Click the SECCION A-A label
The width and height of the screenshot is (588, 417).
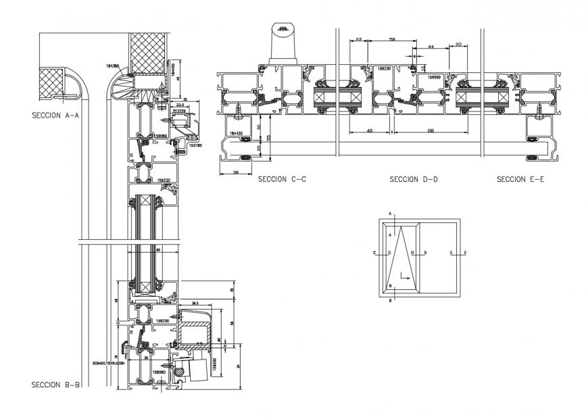click(x=55, y=115)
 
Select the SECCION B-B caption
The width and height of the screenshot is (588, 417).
click(x=56, y=385)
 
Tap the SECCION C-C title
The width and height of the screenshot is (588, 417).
click(x=281, y=180)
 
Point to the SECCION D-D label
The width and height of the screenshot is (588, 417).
click(x=414, y=180)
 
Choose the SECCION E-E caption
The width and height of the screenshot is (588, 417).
click(x=519, y=180)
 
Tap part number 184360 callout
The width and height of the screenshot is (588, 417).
click(x=113, y=66)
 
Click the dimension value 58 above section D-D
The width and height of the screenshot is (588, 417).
click(x=393, y=40)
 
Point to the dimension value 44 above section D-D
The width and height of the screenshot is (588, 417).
click(x=430, y=47)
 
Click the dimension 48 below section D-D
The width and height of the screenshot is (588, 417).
click(x=370, y=130)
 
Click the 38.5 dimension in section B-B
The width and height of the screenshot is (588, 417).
click(x=196, y=303)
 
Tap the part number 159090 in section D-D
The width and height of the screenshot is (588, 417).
click(x=432, y=78)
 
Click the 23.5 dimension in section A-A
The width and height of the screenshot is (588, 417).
click(x=180, y=105)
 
